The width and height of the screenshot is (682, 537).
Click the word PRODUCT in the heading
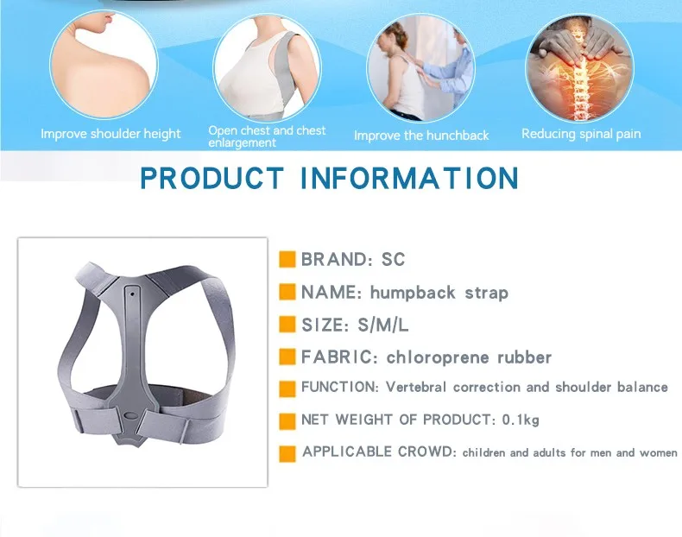coord(212,178)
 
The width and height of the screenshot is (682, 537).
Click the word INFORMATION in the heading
coord(409,178)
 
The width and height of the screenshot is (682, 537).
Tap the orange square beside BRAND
coord(287,259)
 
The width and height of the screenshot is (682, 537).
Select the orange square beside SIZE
coord(287,325)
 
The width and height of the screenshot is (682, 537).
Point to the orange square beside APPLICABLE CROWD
coord(287,453)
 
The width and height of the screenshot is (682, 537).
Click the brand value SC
coord(393,260)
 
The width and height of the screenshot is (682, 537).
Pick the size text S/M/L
coord(382,325)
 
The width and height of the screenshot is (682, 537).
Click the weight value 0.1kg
coord(521,420)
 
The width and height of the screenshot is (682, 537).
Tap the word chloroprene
coord(438,357)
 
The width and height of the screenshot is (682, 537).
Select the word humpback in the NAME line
coord(413,293)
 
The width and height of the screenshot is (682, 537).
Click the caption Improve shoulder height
coord(111,134)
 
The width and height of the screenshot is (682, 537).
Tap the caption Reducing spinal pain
coord(581,134)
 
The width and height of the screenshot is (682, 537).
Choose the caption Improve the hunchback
coord(421,136)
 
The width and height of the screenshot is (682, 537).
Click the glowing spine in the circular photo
coord(579,79)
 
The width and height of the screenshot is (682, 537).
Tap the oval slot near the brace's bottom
coord(130,415)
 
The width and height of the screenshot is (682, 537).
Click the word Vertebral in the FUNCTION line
coord(416,387)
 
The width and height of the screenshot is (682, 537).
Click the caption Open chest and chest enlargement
coord(267,136)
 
